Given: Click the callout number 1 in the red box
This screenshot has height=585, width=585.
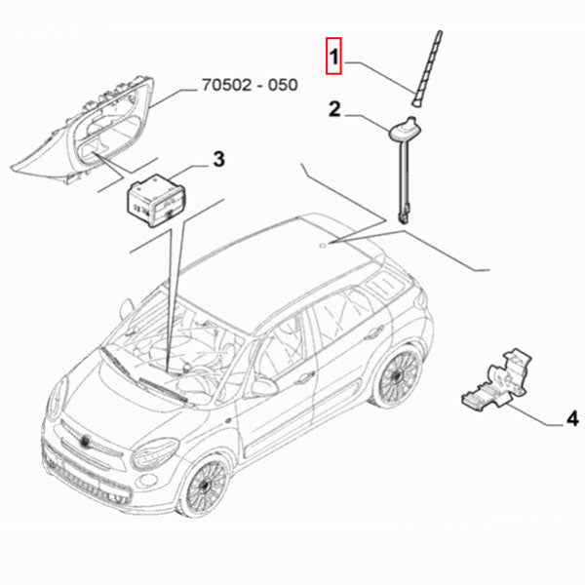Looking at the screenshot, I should click(333, 58).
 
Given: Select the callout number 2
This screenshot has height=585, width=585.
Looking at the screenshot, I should click(333, 111).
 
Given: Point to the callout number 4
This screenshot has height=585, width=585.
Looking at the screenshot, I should click(572, 419).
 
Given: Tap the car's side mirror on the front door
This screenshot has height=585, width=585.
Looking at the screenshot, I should click(263, 387).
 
